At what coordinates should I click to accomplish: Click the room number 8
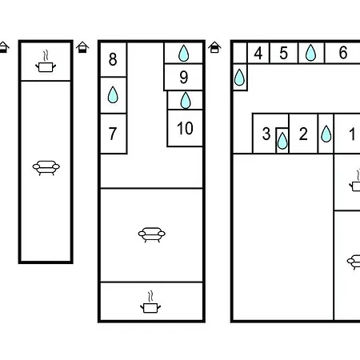click(113, 59)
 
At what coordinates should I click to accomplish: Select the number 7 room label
click(113, 134)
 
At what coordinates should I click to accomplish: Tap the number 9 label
click(184, 78)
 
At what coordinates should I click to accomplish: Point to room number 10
click(185, 128)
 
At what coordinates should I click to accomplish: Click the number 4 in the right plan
click(258, 53)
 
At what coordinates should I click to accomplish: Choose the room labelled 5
click(284, 53)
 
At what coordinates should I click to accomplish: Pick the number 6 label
click(343, 52)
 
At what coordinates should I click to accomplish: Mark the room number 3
click(266, 134)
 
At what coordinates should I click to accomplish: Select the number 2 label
click(303, 134)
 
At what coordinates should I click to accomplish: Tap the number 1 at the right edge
click(352, 134)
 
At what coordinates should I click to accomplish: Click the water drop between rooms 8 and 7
click(113, 95)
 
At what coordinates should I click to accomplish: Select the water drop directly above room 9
click(183, 54)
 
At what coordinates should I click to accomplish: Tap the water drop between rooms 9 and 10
click(186, 101)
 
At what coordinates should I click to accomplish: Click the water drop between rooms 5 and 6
click(310, 53)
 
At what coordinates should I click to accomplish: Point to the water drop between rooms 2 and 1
click(326, 134)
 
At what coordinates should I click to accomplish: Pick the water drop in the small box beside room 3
click(282, 141)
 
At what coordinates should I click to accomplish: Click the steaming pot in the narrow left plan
click(46, 61)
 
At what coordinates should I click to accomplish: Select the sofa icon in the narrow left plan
click(46, 168)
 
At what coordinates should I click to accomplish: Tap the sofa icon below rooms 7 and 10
click(151, 234)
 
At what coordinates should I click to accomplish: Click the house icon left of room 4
click(214, 47)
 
